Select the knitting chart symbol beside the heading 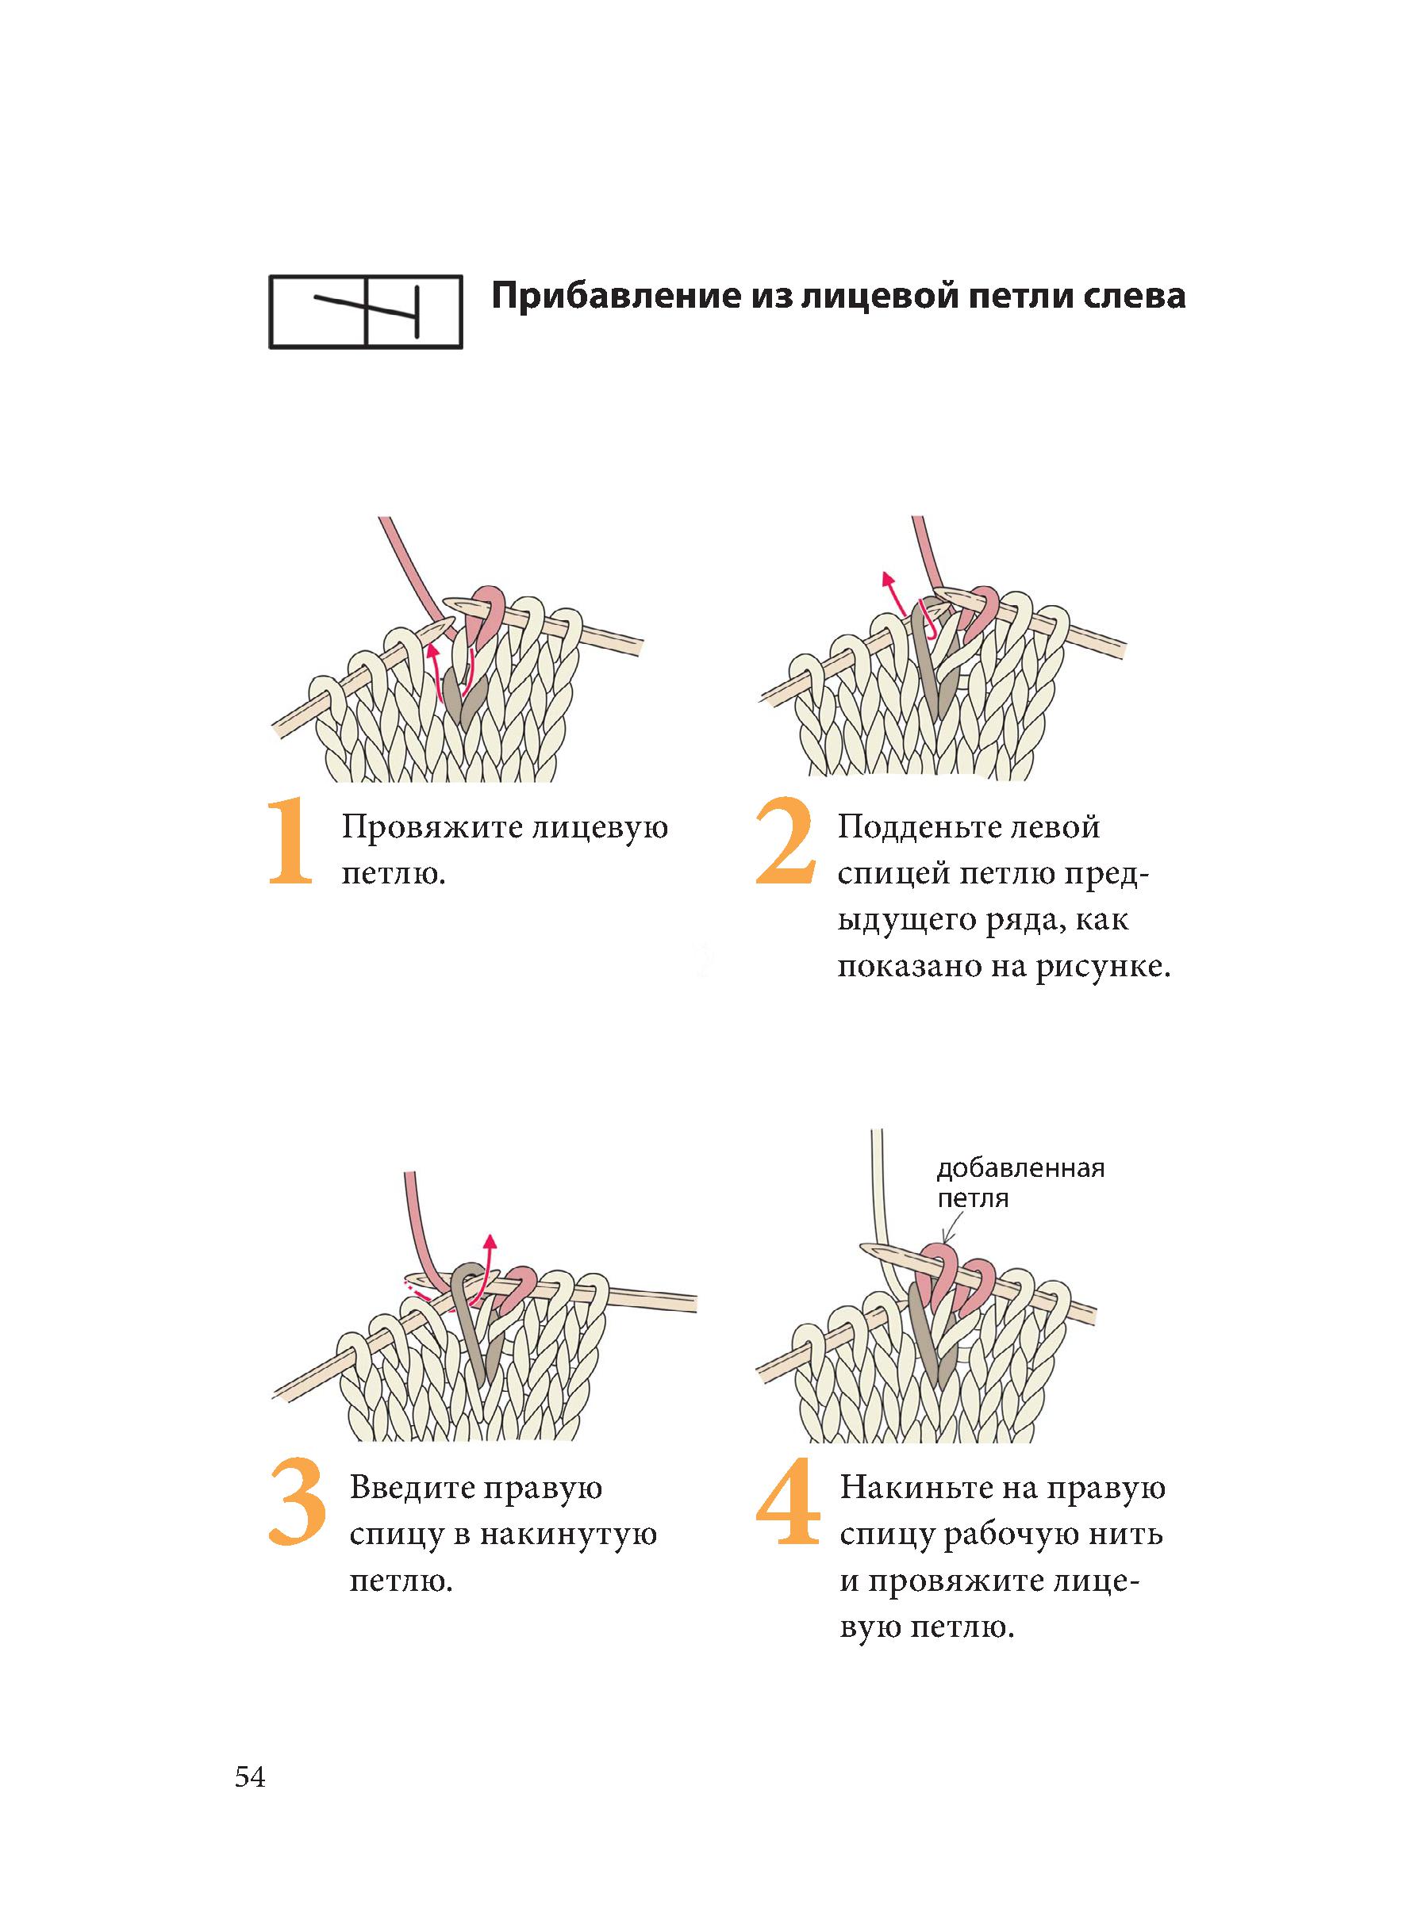[x=366, y=312]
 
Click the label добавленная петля [x=1020, y=1182]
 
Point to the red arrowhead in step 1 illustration [x=432, y=652]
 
